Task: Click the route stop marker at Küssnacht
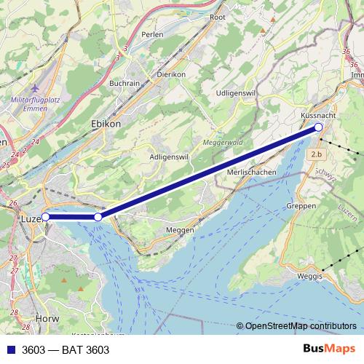(x=319, y=127)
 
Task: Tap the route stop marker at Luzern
(x=45, y=216)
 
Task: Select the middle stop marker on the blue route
(x=98, y=217)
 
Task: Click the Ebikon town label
(x=106, y=124)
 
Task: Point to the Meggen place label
(x=181, y=229)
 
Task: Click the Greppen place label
(x=302, y=206)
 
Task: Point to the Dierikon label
(x=172, y=74)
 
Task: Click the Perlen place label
(x=152, y=34)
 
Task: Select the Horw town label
(x=46, y=319)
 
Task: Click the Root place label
(x=217, y=17)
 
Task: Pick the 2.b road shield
(x=316, y=154)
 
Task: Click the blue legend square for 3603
(x=9, y=350)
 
